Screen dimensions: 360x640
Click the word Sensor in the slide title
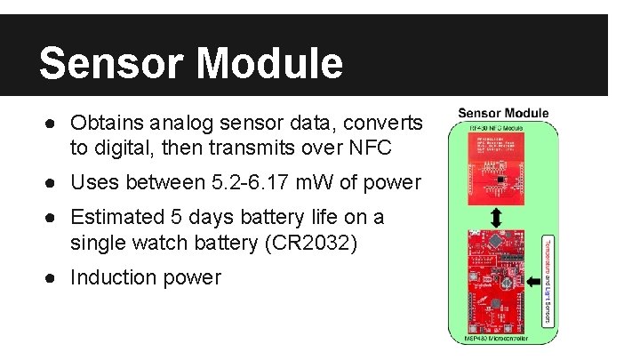click(x=109, y=63)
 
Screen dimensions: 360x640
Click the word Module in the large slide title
click(x=266, y=63)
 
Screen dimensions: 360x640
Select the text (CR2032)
click(x=315, y=242)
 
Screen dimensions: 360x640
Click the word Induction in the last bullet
click(x=111, y=277)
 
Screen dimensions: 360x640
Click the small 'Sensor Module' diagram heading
click(x=503, y=114)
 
